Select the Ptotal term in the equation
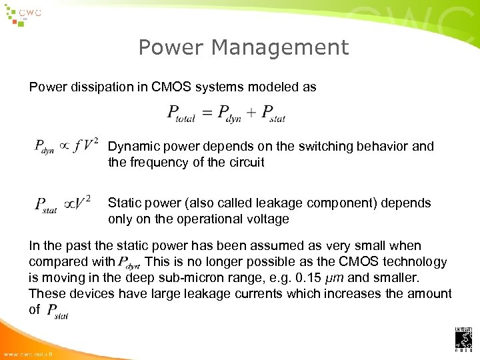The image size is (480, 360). pos(181,115)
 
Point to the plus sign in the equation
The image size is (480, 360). pos(251,113)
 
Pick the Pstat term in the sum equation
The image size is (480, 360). pos(273,115)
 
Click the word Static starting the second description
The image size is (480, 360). pos(125,203)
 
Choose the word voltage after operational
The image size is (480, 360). pos(267,219)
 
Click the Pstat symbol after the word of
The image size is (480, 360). pos(57,311)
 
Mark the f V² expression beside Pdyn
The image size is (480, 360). pos(87,145)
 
